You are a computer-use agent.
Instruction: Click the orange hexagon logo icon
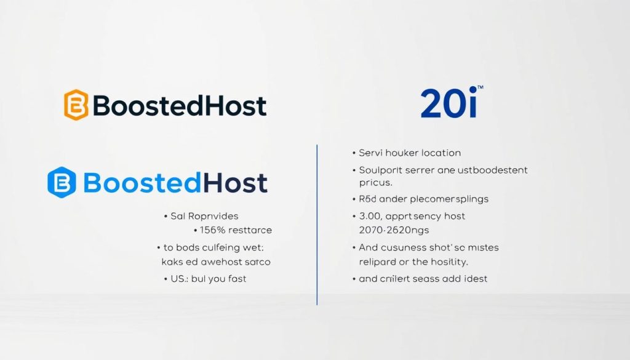[x=76, y=105]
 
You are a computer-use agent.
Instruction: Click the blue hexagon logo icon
[x=62, y=183]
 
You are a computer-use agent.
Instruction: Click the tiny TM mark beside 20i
[x=480, y=88]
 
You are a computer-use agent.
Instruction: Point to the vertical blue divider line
[x=317, y=225]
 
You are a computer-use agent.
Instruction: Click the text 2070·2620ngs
[x=394, y=230]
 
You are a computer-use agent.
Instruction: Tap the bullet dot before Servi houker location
[x=354, y=153]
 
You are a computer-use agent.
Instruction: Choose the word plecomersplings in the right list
[x=439, y=199]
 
